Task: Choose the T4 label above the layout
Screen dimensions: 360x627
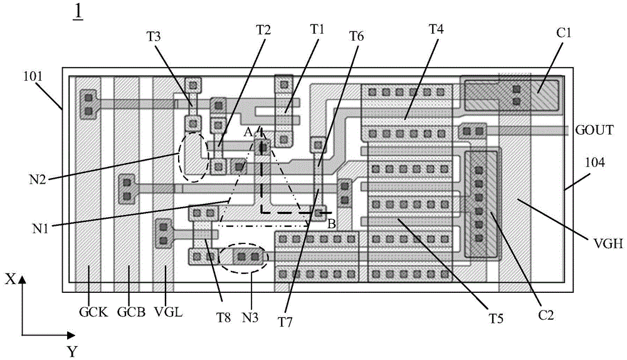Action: [435, 29]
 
